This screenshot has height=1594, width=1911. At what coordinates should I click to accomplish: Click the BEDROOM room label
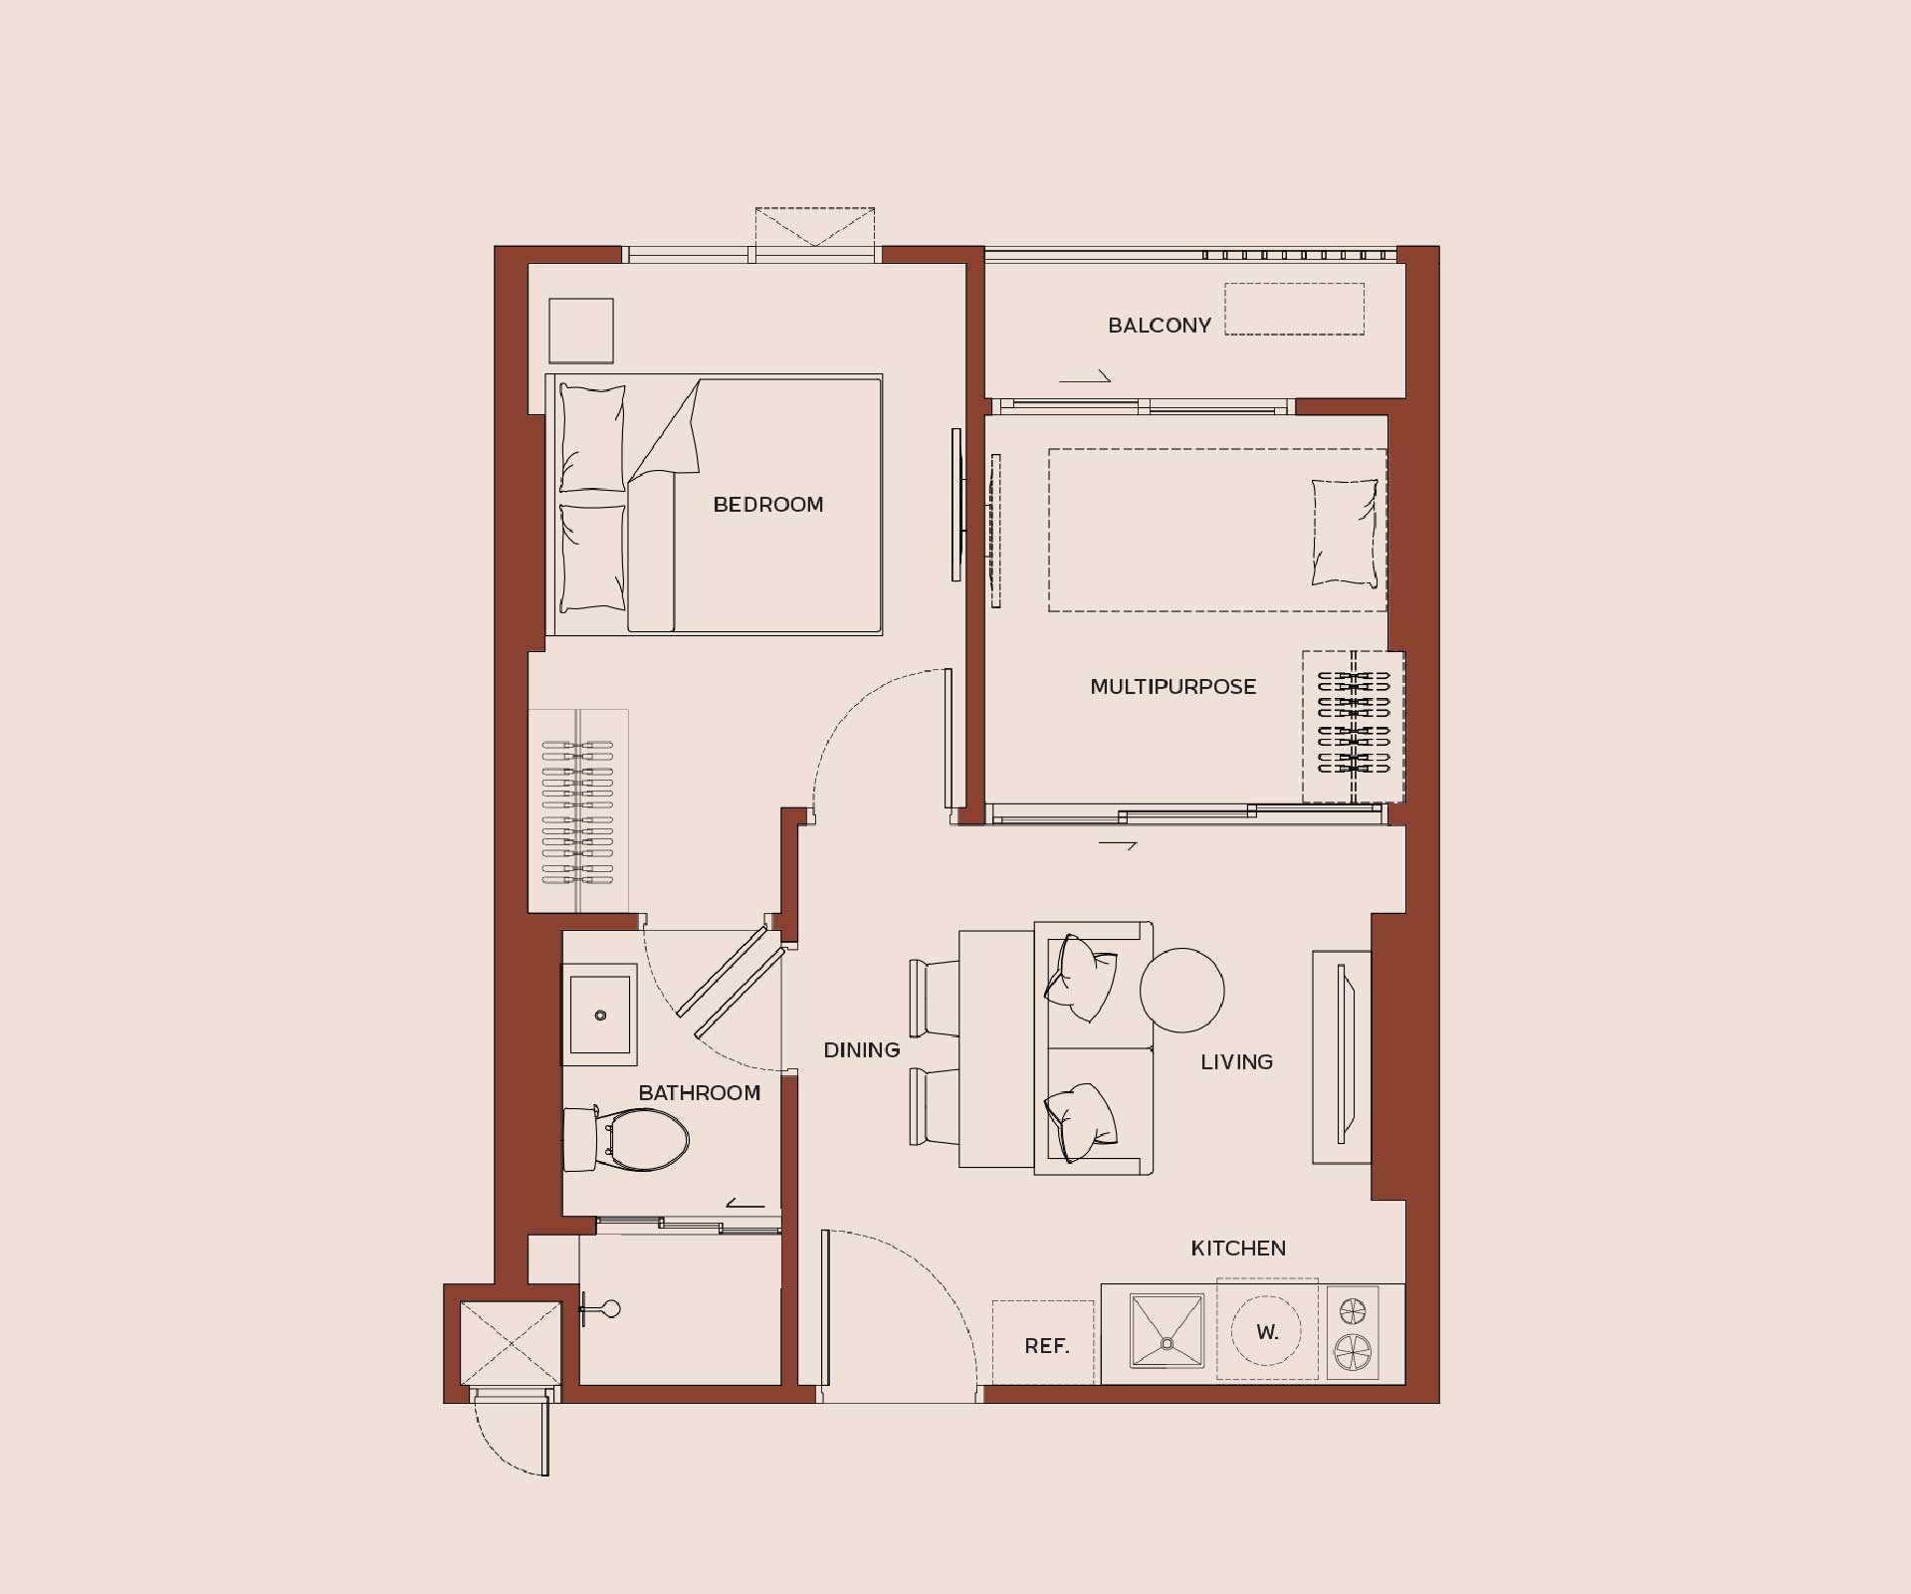pyautogui.click(x=768, y=505)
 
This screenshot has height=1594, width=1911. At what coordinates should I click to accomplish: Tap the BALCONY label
pyautogui.click(x=1160, y=326)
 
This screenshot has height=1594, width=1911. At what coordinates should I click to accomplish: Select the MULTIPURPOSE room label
pyautogui.click(x=1173, y=687)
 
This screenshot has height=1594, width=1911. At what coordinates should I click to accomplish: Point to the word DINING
pyautogui.click(x=862, y=1049)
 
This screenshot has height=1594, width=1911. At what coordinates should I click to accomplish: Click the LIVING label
pyautogui.click(x=1237, y=1062)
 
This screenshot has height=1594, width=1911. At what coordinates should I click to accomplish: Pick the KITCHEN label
pyautogui.click(x=1239, y=1249)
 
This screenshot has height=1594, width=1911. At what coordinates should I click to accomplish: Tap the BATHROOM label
pyautogui.click(x=700, y=1093)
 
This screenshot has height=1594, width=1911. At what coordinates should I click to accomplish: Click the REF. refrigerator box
pyautogui.click(x=1043, y=1341)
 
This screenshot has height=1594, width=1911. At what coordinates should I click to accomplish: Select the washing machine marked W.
pyautogui.click(x=1267, y=1330)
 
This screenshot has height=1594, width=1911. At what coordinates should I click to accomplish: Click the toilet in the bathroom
pyautogui.click(x=627, y=1139)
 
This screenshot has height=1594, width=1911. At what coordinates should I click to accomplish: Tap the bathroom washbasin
pyautogui.click(x=600, y=1015)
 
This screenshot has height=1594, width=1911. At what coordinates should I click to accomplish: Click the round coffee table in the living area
pyautogui.click(x=1182, y=990)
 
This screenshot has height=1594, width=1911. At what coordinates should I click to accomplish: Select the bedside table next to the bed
pyautogui.click(x=581, y=331)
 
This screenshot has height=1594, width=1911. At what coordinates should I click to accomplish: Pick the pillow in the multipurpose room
pyautogui.click(x=1346, y=534)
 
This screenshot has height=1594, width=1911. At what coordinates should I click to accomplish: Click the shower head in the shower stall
pyautogui.click(x=600, y=1309)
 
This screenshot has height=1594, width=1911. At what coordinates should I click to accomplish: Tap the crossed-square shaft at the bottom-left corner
pyautogui.click(x=511, y=1342)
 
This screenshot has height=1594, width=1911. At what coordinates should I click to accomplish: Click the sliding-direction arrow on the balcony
pyautogui.click(x=1085, y=377)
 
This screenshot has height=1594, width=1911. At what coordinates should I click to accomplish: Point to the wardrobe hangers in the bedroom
pyautogui.click(x=577, y=811)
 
